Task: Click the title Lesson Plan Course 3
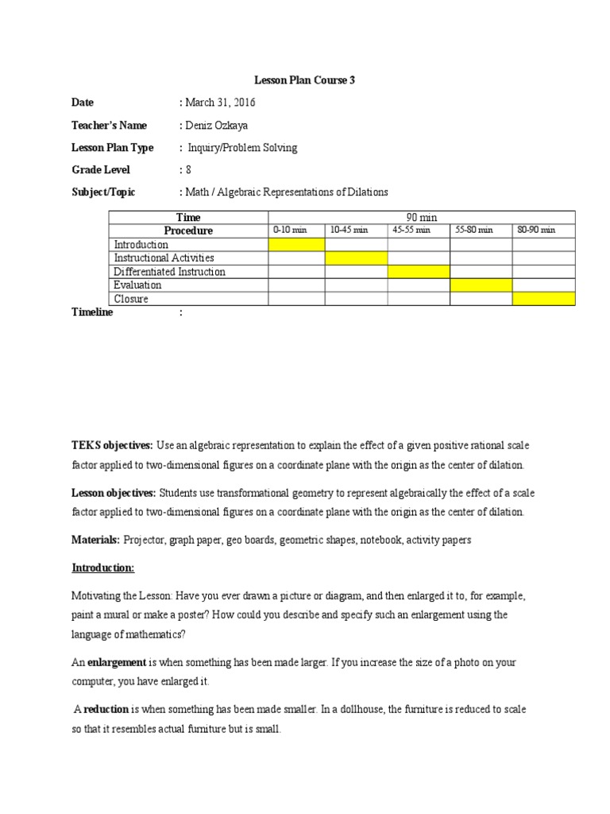[304, 80]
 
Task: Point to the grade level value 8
[188, 170]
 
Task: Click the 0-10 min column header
[289, 231]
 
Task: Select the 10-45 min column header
[349, 231]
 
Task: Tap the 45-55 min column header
[411, 231]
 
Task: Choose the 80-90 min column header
[536, 231]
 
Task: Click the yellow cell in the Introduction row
[296, 244]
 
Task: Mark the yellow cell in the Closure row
[543, 299]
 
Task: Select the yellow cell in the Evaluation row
[481, 285]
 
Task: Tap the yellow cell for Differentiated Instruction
[419, 272]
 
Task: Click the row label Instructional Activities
[164, 258]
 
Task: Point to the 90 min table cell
[421, 217]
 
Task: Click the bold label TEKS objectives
[112, 445]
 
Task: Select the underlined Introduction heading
[103, 568]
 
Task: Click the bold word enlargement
[117, 662]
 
